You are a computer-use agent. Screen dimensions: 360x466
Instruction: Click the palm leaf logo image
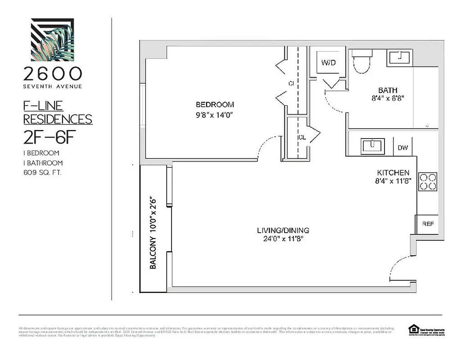[52, 39]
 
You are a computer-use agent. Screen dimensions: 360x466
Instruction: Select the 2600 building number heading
[52, 73]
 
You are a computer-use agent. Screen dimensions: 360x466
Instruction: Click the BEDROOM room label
[215, 105]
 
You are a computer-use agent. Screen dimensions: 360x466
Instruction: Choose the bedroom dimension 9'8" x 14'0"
[215, 115]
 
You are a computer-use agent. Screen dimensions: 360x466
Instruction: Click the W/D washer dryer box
[328, 62]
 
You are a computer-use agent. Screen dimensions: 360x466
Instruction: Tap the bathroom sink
[398, 58]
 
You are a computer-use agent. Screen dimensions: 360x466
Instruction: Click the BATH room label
[388, 90]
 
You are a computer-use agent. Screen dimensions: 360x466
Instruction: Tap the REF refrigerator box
[427, 224]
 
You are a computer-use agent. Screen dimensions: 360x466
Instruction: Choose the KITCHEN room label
[393, 172]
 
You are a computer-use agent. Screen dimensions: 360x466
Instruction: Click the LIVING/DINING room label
[283, 230]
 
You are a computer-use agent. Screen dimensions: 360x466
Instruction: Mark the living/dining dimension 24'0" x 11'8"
[283, 239]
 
